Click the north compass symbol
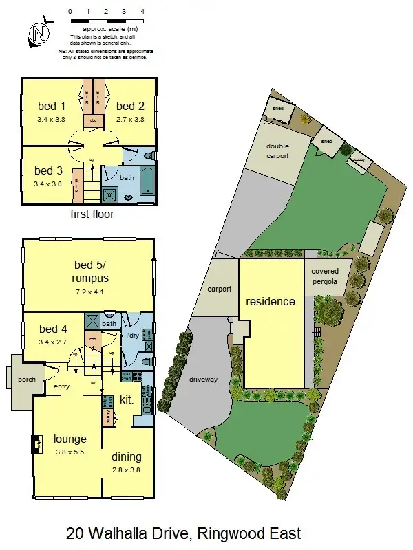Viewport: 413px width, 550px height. coord(39,32)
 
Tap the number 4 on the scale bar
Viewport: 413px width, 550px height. coord(142,12)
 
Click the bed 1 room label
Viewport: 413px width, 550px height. coord(52,106)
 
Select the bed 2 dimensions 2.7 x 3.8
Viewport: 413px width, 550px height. coord(130,118)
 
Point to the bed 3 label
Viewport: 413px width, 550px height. coord(49,170)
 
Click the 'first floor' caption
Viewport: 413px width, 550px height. coord(92,214)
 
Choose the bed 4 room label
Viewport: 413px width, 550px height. coord(54,329)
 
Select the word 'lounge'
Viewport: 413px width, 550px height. coord(70,439)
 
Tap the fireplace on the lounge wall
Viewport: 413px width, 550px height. coord(35,445)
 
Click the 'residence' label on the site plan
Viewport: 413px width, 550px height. coord(271,301)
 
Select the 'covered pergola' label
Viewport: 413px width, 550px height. coord(325,276)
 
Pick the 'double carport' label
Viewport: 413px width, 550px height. coord(277,151)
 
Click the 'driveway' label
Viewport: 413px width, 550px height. coord(203,379)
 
